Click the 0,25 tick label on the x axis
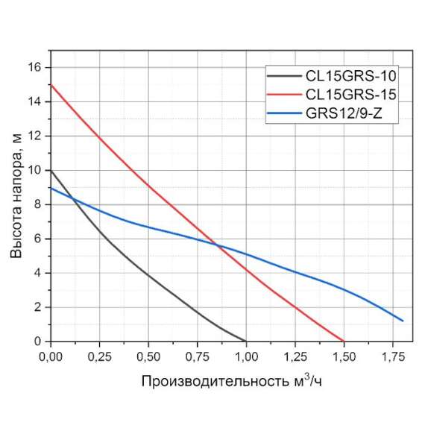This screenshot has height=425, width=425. [x=99, y=356]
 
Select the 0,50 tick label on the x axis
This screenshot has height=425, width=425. [x=148, y=356]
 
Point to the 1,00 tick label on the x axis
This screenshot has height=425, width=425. [x=246, y=356]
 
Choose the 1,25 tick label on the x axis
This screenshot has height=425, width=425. [x=295, y=356]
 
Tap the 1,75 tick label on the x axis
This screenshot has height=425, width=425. [x=393, y=356]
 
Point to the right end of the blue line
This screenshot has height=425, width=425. [x=403, y=321]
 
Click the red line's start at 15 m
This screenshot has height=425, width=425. [x=51, y=84]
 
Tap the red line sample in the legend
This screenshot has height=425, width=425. [x=283, y=95]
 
